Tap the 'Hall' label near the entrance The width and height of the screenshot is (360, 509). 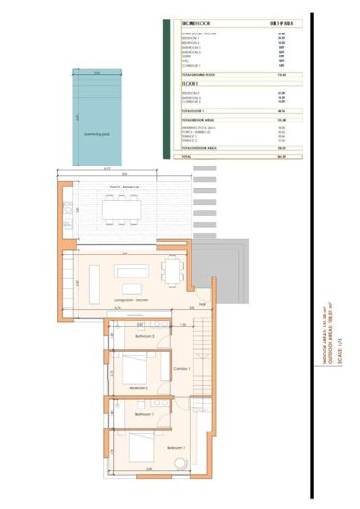click(203, 305)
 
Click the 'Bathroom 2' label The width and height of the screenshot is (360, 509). click(146, 337)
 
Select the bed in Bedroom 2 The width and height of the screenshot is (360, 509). click(137, 368)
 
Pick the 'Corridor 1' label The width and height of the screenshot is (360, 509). click(182, 368)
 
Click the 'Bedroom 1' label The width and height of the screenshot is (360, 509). click(175, 448)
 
